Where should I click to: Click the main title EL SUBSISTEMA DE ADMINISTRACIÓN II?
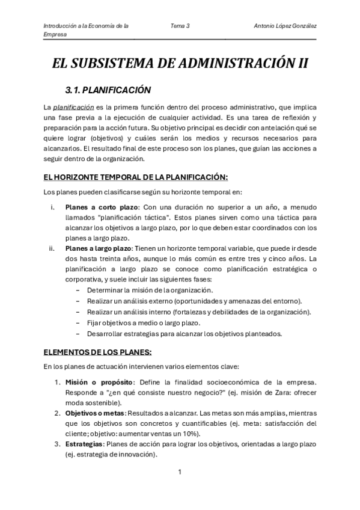[x=180, y=64]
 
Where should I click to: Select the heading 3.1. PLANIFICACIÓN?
[x=107, y=90]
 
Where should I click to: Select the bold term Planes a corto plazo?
[x=102, y=207]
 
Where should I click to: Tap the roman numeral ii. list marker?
[x=53, y=248]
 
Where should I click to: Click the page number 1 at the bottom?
[x=180, y=473]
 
